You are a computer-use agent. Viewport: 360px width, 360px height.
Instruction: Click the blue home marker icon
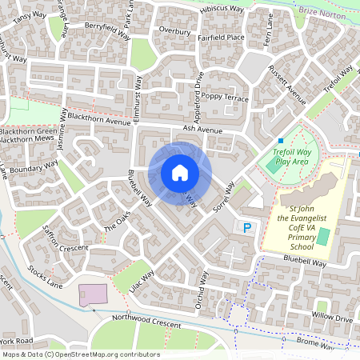pyautogui.click(x=180, y=173)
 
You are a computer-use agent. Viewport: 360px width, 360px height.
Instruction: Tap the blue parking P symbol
pyautogui.click(x=247, y=228)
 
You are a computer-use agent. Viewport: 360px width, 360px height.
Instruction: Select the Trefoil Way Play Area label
pyautogui.click(x=291, y=156)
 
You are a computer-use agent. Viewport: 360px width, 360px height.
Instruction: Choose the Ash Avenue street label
pyautogui.click(x=202, y=128)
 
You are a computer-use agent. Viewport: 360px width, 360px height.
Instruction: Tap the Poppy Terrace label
pyautogui.click(x=226, y=97)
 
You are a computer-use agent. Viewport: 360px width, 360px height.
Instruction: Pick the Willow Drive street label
pyautogui.click(x=332, y=318)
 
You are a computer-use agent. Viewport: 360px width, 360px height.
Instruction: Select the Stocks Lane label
pyautogui.click(x=46, y=278)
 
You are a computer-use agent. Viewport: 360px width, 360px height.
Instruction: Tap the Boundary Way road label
pyautogui.click(x=35, y=168)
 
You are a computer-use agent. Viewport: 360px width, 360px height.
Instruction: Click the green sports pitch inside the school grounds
pyautogui.click(x=322, y=237)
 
